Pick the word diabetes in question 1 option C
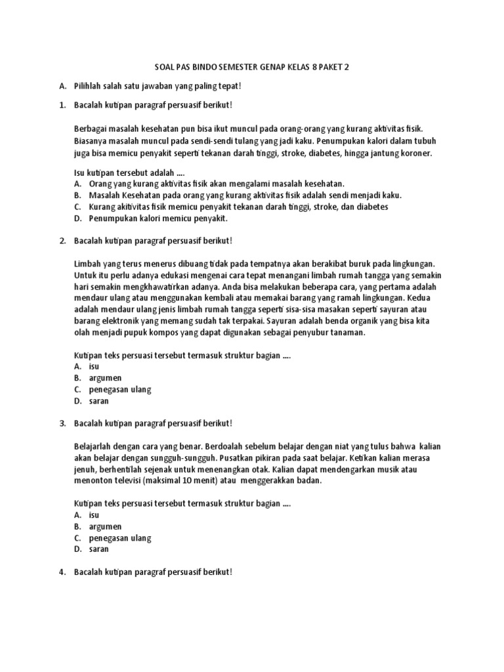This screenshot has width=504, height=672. pos(367,206)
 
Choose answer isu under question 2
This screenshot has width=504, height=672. pos(94,366)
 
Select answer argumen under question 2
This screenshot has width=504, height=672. pos(106,378)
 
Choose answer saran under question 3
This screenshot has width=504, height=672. pos(99,549)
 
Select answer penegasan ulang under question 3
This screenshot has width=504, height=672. pos(120,538)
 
